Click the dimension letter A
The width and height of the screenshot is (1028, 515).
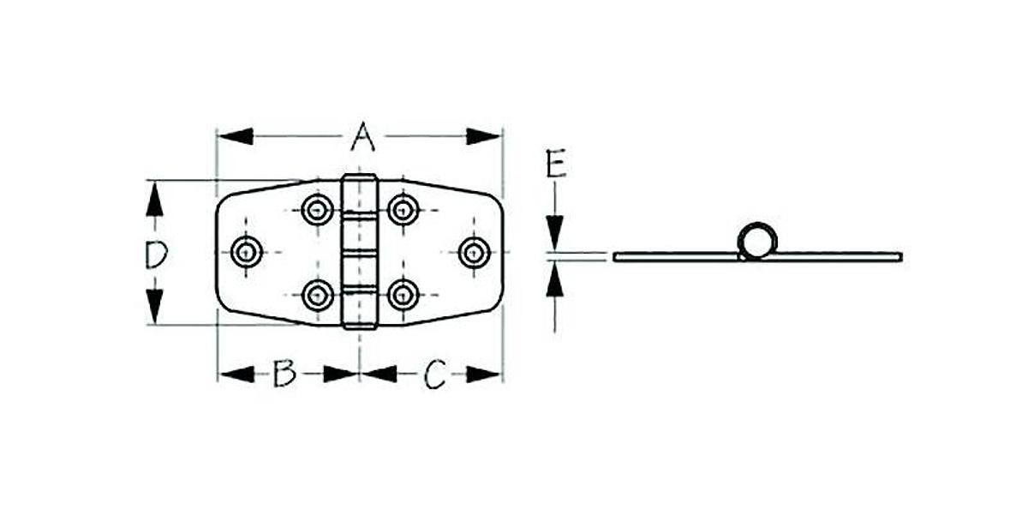362,136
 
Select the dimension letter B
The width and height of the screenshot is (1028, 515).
284,374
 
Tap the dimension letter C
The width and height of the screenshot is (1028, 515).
435,374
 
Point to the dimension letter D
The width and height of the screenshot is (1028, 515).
154,255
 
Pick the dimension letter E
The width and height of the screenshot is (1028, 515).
556,163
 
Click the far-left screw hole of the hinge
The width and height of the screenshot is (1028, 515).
248,251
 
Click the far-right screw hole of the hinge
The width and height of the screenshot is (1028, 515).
474,251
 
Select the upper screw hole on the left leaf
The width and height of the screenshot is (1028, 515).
318,208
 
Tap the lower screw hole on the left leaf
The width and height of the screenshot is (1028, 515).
318,296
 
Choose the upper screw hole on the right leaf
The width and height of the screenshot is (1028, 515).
402,208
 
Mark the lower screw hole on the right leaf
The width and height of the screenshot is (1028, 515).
402,296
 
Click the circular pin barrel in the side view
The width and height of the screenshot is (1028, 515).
756,241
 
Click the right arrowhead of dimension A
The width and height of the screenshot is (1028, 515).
484,136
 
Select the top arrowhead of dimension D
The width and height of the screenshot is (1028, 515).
154,199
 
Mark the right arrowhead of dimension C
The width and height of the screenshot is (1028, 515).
484,374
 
